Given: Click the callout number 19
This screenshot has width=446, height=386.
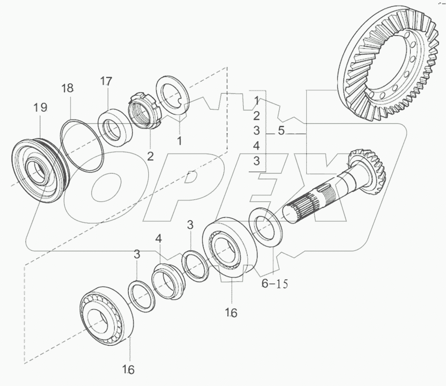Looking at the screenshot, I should [x=40, y=107].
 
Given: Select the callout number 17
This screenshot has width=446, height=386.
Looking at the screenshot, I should [x=105, y=82].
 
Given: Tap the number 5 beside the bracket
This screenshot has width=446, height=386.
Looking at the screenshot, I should [x=280, y=131].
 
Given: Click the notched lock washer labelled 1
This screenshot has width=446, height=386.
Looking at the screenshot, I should [x=173, y=97].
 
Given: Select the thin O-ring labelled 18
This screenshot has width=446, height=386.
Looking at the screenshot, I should [x=83, y=146].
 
